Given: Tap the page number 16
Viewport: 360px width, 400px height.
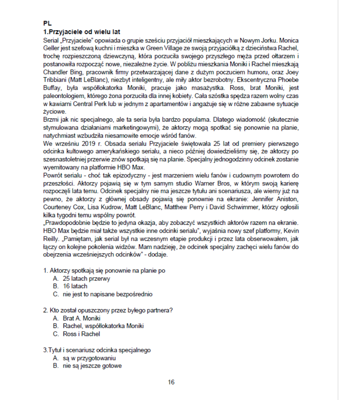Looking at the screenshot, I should coord(171,382).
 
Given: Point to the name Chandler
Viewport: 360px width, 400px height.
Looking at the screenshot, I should coord(54,72).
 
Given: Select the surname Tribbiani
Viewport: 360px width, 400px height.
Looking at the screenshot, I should coord(56,79).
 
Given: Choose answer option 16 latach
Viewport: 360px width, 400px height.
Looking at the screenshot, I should coord(75,286).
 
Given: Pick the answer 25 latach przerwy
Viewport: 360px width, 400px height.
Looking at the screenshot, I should coord(86,278).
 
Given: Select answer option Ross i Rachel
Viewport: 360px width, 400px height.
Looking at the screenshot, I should coord(81,334).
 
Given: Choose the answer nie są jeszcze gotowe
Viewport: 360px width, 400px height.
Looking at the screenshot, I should coord(92,366).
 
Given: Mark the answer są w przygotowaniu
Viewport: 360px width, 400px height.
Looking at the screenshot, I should coord(89,358).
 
